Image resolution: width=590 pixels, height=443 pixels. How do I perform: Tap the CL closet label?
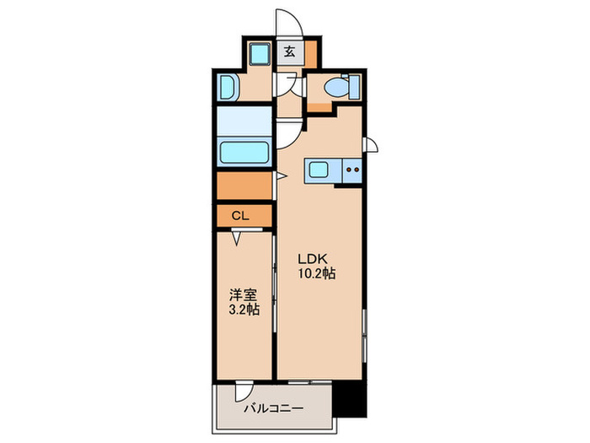click(x=240, y=216)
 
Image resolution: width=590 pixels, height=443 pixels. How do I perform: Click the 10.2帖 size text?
click(x=316, y=274)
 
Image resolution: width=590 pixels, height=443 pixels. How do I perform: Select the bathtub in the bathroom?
click(x=244, y=154)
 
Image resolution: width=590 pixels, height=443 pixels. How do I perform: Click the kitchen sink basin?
click(x=320, y=170)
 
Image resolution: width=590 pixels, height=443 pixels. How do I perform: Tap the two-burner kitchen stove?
click(x=352, y=170)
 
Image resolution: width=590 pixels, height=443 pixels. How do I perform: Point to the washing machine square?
click(x=259, y=56)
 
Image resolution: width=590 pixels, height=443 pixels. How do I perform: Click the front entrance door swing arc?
click(x=287, y=20)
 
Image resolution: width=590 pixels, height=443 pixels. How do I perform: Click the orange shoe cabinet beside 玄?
click(x=311, y=55)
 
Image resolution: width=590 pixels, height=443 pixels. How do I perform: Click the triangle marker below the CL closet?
click(x=237, y=239)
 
